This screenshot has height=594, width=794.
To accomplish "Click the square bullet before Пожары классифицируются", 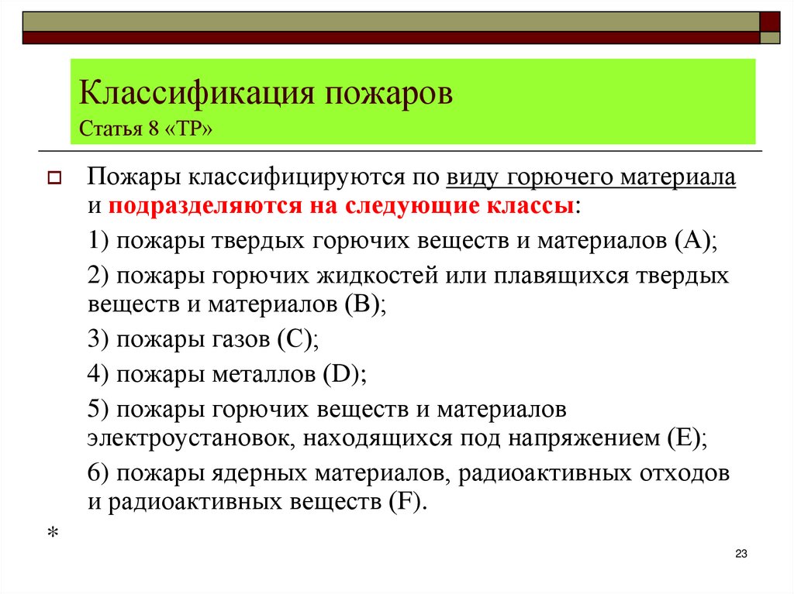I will click(x=54, y=179).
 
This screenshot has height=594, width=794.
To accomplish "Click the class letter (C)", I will click(x=296, y=338).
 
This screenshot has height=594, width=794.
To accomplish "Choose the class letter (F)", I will click(x=405, y=501).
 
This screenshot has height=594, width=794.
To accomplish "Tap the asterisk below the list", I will click(x=54, y=534).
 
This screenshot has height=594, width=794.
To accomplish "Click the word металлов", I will click(x=263, y=374).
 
